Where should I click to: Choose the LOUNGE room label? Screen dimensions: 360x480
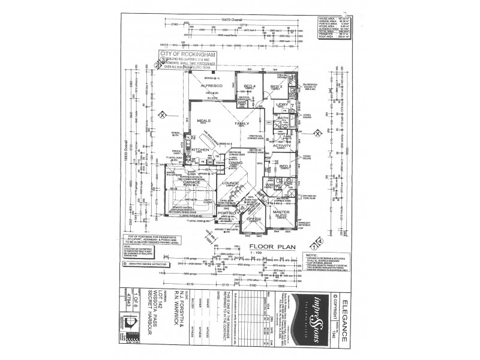[230, 182]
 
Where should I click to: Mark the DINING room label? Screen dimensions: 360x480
[235, 162]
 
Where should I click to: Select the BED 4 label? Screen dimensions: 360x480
[250, 86]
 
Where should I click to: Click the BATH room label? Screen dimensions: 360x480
[283, 118]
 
